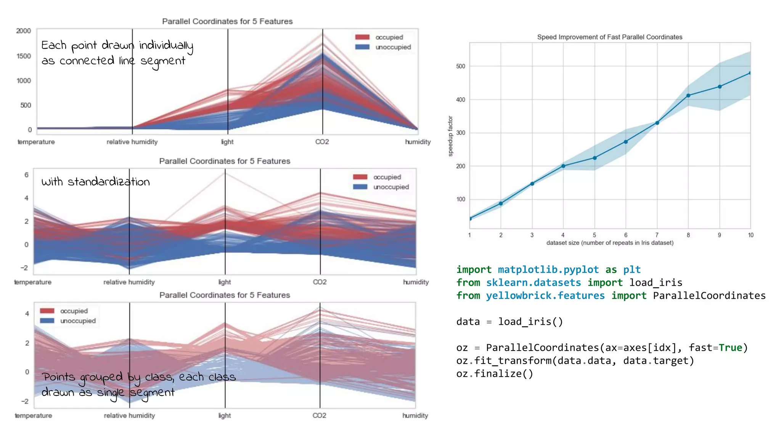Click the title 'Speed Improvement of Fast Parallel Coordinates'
click(609, 37)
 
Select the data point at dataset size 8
click(688, 96)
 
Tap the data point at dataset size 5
click(595, 158)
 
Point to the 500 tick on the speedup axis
click(461, 66)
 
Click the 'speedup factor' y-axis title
click(450, 136)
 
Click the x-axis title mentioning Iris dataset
click(610, 243)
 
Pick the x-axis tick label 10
click(750, 235)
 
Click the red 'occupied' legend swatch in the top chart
click(362, 37)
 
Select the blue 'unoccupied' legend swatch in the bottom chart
click(47, 321)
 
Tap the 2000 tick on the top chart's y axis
click(24, 31)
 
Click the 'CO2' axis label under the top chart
click(322, 142)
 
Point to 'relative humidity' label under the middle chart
click(129, 282)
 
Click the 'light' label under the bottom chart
click(225, 415)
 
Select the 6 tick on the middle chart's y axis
click(26, 175)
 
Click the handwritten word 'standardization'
click(109, 182)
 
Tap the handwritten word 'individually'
click(166, 46)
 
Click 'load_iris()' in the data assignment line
click(530, 322)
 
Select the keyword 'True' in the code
click(730, 348)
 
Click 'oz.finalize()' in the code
click(495, 373)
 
